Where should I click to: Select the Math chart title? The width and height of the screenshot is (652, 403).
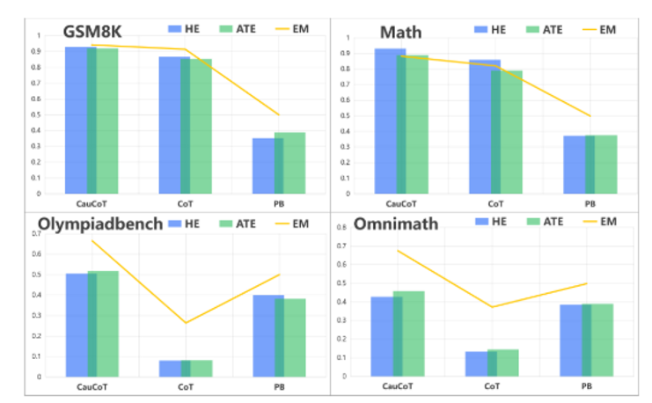pos(400,33)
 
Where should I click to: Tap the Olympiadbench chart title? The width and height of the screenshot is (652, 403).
pos(99,223)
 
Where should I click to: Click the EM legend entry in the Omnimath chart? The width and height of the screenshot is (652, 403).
pos(598,222)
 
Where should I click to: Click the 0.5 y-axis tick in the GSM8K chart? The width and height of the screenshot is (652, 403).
pos(36,114)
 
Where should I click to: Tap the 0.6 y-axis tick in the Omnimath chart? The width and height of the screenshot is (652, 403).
pos(342,264)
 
